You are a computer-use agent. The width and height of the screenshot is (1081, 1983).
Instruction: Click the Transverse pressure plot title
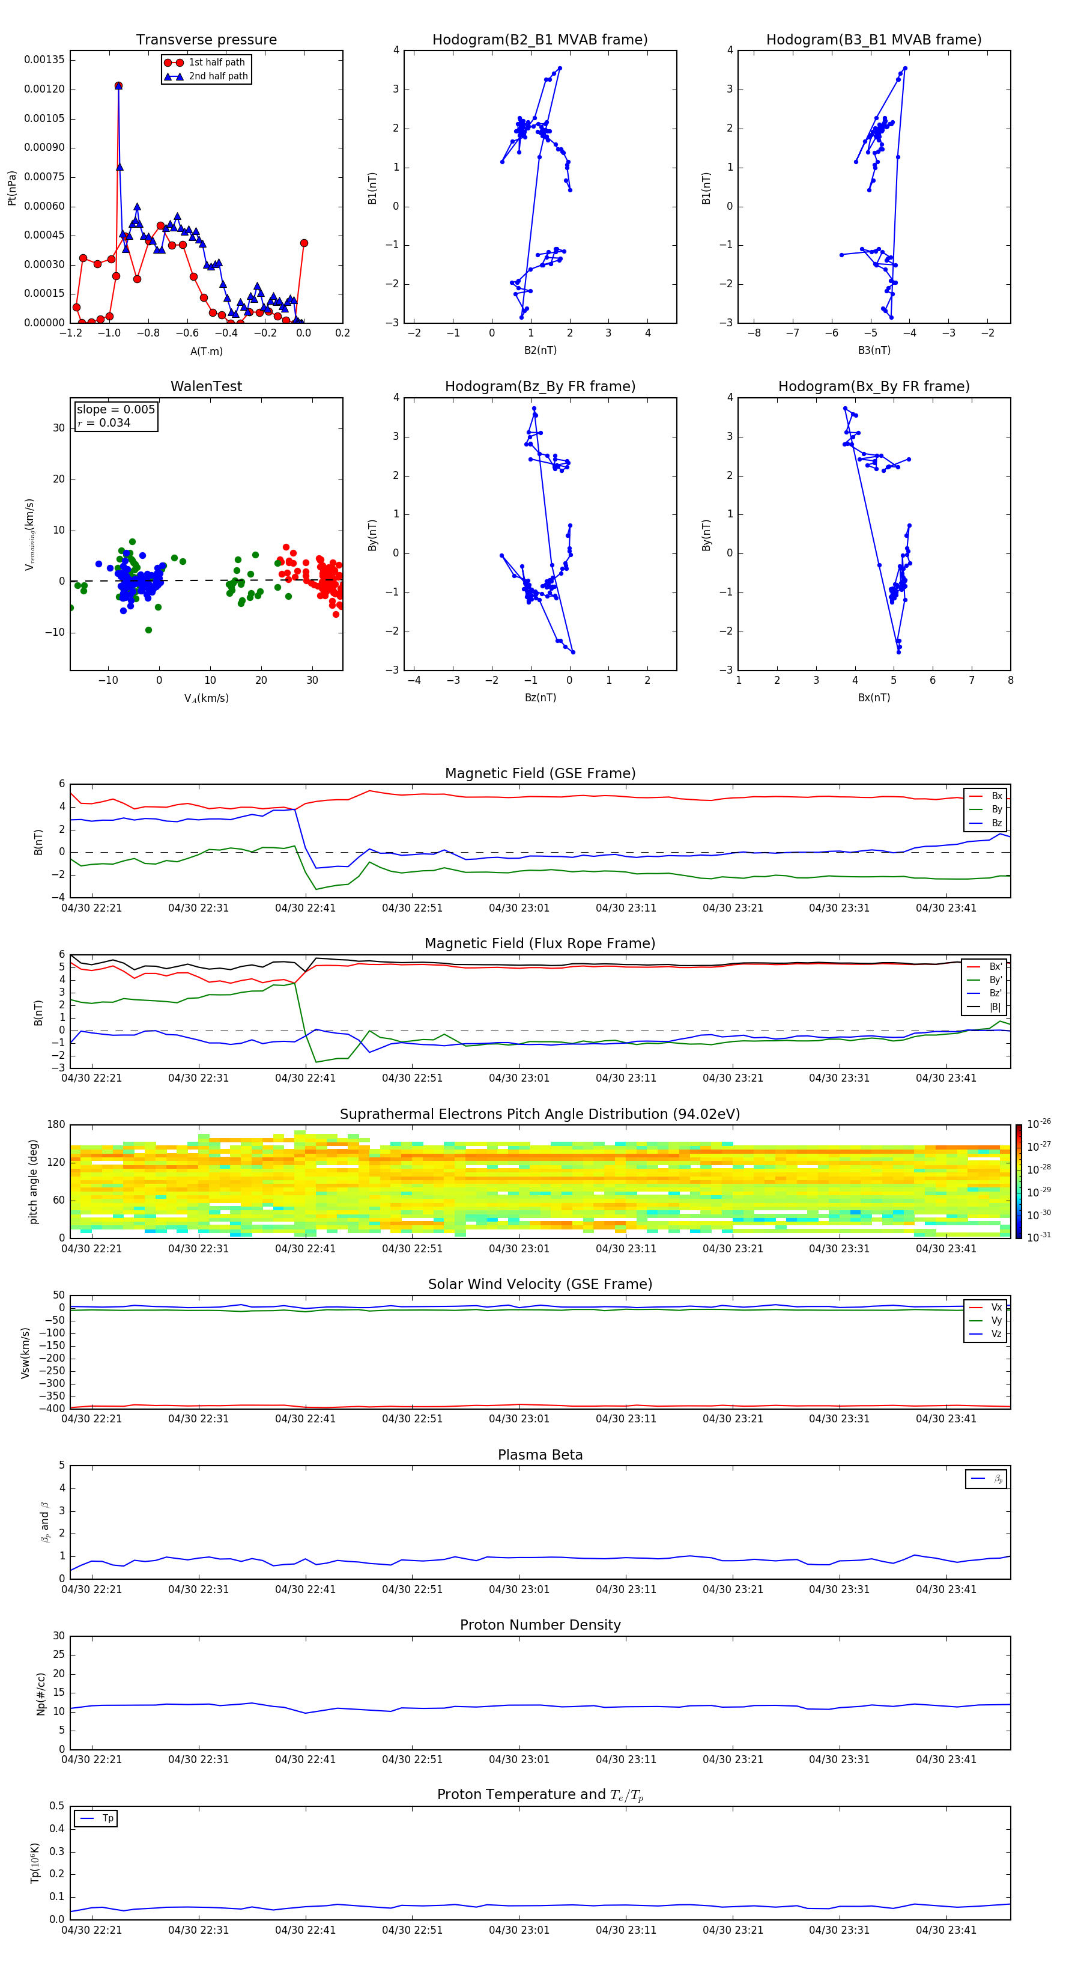[x=206, y=40]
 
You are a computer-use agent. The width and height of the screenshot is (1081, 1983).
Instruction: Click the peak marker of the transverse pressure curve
[x=118, y=85]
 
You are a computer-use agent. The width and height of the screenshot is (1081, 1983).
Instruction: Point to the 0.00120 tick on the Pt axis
[x=44, y=90]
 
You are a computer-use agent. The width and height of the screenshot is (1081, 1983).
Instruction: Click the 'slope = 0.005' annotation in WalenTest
[x=115, y=410]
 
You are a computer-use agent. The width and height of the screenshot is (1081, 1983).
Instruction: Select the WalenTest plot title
[x=206, y=386]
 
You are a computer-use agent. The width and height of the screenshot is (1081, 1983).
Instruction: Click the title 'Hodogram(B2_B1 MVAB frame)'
[x=539, y=40]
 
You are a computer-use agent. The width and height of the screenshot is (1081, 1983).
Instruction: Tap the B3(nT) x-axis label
[x=874, y=350]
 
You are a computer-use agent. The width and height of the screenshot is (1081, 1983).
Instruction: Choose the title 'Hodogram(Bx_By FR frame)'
[x=873, y=386]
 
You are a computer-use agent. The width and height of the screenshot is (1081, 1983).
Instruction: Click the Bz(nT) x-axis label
[x=540, y=698]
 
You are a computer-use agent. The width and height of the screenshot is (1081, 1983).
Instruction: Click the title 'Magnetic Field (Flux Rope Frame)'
[x=539, y=944]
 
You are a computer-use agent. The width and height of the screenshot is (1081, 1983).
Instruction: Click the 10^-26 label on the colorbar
[x=1039, y=1124]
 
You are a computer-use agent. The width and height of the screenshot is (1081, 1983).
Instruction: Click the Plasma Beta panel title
[x=539, y=1455]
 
